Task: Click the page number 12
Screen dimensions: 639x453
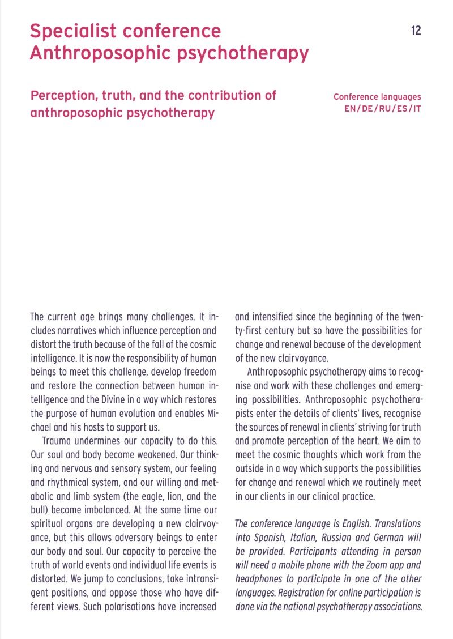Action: (x=416, y=31)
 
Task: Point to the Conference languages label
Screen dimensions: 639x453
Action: (x=377, y=97)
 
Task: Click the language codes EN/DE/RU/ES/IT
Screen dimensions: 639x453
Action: (x=382, y=108)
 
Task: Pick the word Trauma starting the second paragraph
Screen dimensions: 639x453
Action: (x=59, y=440)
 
